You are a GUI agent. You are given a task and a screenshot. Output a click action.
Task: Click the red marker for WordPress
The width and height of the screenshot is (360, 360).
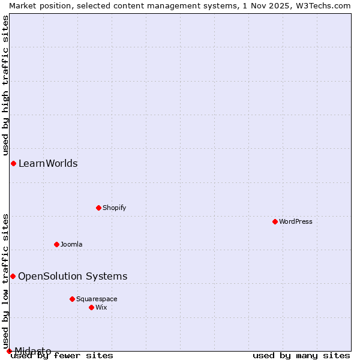coord(275,221)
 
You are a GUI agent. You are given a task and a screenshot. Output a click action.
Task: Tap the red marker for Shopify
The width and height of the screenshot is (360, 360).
coord(98,208)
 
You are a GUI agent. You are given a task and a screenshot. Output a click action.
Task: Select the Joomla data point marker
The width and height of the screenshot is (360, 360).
coord(56,244)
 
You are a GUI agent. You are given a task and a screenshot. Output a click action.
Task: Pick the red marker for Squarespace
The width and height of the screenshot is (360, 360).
coord(72,299)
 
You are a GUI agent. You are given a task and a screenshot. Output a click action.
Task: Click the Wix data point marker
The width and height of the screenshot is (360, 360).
coord(91,307)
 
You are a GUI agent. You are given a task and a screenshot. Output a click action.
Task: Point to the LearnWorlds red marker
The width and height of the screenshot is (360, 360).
coord(13,163)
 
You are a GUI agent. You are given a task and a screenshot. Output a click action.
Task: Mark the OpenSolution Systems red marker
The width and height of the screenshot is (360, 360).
coord(13,276)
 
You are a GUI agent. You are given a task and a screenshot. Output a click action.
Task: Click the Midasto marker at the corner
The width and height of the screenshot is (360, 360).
coord(9,351)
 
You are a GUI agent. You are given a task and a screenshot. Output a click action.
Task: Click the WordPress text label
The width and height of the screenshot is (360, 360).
coord(296,221)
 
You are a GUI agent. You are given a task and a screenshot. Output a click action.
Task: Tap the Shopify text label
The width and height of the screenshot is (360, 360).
coord(114,208)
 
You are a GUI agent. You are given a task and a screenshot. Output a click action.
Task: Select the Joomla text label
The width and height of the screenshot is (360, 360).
coord(71,244)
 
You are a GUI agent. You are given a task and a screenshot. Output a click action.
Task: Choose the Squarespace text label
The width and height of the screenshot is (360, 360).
coord(97,299)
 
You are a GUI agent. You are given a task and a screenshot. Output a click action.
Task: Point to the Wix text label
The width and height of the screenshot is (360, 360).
coord(101,307)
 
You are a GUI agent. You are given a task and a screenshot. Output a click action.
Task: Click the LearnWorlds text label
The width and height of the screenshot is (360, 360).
coord(48,163)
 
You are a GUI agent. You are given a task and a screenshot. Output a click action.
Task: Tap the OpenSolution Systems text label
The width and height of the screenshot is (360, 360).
coord(73,276)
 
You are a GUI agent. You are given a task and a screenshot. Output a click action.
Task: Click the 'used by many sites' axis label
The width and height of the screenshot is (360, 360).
coord(301,355)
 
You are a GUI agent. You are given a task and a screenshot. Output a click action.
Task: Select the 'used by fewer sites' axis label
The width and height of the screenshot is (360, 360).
coord(62,355)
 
